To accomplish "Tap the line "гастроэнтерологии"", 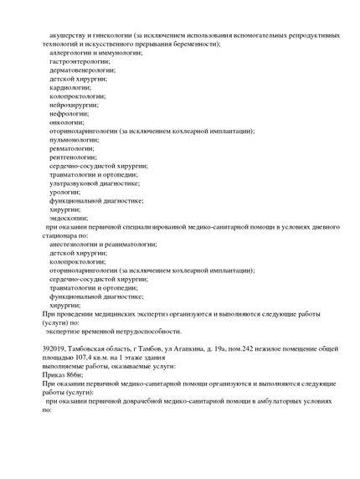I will (80, 61).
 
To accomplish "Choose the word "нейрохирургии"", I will (75, 105).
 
